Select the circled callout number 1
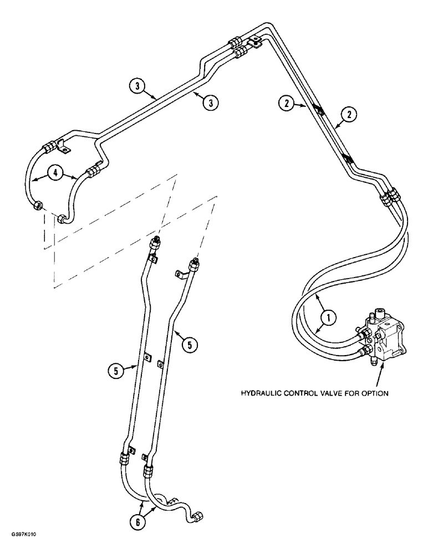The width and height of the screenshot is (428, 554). (328, 318)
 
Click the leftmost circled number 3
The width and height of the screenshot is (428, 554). (136, 86)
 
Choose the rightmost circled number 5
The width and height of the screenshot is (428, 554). (189, 345)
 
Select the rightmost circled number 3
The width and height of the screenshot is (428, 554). (210, 102)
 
